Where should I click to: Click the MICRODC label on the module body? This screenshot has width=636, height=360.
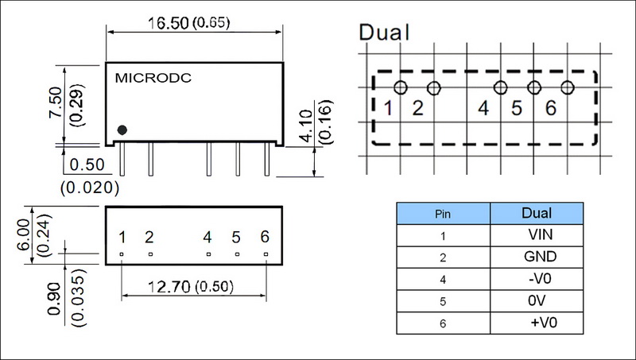click(x=153, y=79)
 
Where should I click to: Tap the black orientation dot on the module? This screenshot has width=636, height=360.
click(x=122, y=130)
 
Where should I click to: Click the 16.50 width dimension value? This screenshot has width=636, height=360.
click(x=173, y=24)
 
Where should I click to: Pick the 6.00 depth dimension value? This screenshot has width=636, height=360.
click(x=24, y=229)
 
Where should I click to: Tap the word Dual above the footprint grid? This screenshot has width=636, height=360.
click(x=386, y=33)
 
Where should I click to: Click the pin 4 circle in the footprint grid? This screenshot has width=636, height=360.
click(x=500, y=87)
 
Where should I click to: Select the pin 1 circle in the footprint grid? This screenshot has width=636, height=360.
click(x=401, y=87)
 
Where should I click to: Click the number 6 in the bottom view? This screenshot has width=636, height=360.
click(x=265, y=237)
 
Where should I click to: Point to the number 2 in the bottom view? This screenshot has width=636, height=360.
click(x=149, y=237)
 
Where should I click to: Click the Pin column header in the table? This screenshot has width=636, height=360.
click(x=442, y=215)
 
